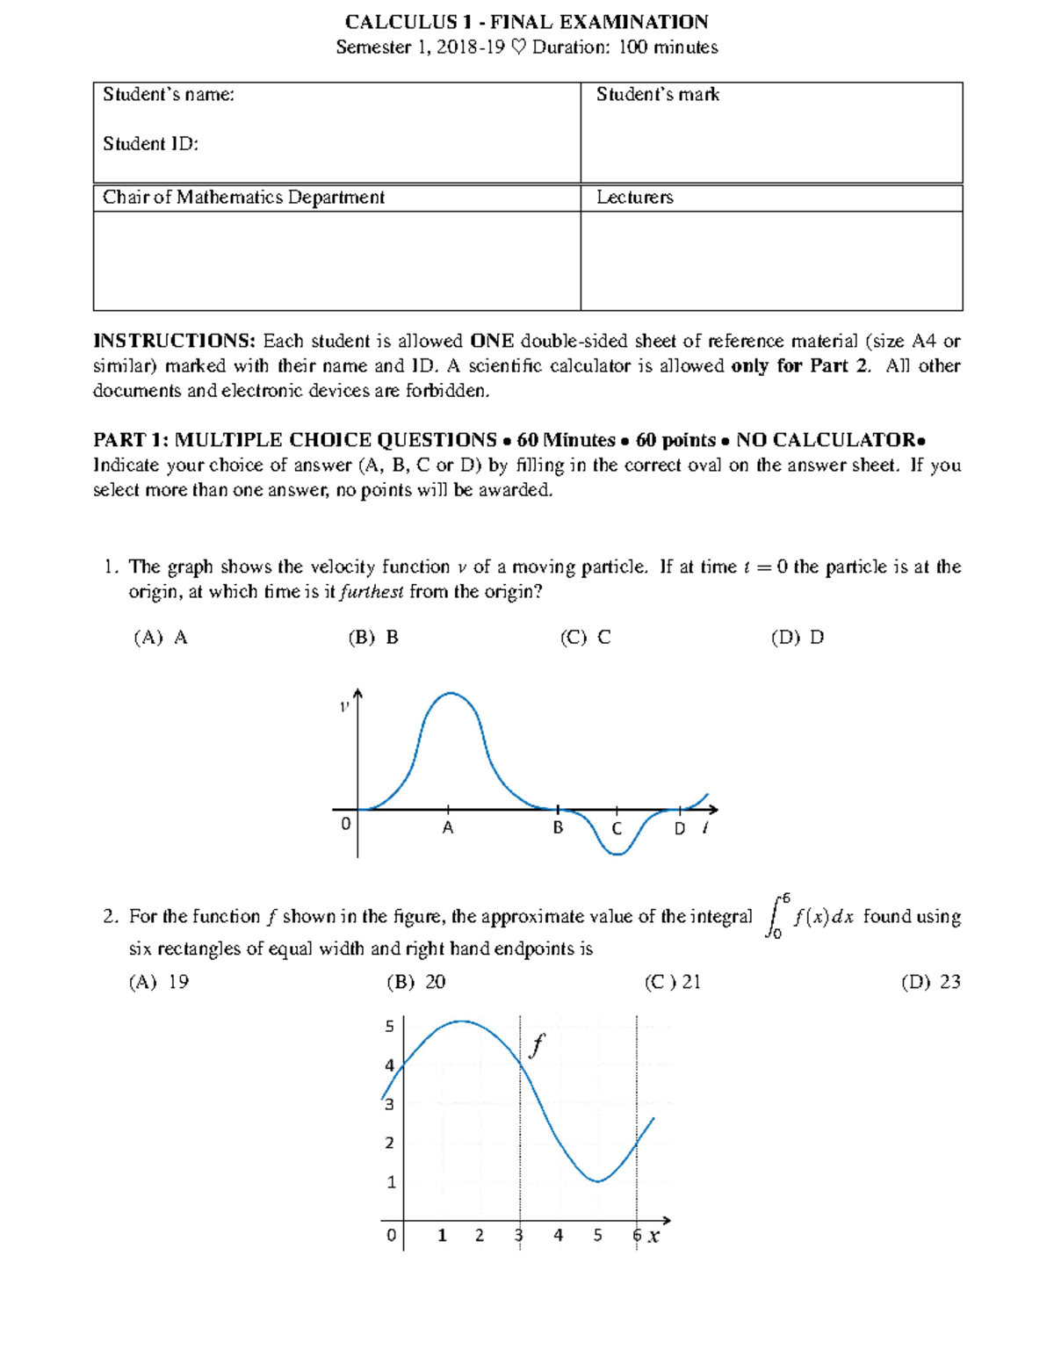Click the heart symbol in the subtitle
tap(518, 47)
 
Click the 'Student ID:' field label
tap(150, 144)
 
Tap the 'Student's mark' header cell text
tap(657, 95)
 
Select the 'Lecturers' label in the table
tap(634, 198)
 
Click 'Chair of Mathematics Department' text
tap(243, 198)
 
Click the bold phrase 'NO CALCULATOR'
tap(827, 440)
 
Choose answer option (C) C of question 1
tap(585, 638)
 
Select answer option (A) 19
tap(159, 982)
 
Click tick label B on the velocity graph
tap(558, 827)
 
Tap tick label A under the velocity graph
tap(448, 827)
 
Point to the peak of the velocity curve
tap(451, 693)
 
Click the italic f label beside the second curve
tap(537, 1045)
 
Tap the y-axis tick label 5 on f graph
tap(390, 1026)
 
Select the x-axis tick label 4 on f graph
tap(558, 1236)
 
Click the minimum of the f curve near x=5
tap(597, 1181)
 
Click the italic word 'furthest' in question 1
tap(372, 592)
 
